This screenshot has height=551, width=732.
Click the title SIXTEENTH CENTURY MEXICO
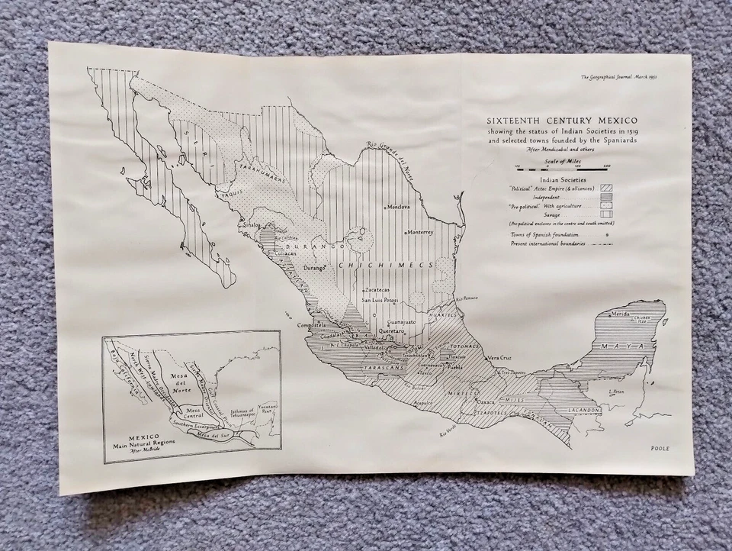click(563, 121)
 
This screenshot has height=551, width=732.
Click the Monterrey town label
click(421, 232)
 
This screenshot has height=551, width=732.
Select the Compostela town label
click(313, 325)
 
